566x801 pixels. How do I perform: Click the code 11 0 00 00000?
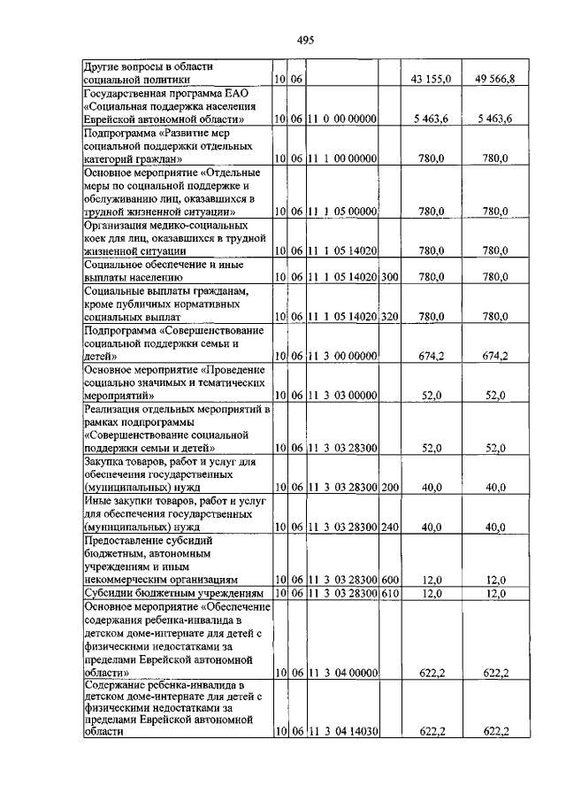[x=342, y=119]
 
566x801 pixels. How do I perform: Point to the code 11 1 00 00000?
[x=342, y=158]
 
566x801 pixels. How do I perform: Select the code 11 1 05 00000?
[x=342, y=212]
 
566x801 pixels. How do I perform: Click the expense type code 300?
[x=390, y=277]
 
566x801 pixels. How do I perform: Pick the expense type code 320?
[x=390, y=316]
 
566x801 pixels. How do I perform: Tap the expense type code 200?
[x=390, y=487]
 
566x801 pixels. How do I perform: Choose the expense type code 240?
[x=390, y=527]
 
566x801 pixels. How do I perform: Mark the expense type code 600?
[x=390, y=579]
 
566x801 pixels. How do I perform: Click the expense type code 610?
[x=390, y=593]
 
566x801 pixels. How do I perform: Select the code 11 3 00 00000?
[x=342, y=356]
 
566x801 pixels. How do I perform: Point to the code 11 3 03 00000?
[x=342, y=396]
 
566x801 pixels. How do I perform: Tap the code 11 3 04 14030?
[x=342, y=731]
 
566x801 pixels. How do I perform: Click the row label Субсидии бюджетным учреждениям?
[x=172, y=593]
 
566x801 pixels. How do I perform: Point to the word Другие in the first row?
[x=103, y=66]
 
